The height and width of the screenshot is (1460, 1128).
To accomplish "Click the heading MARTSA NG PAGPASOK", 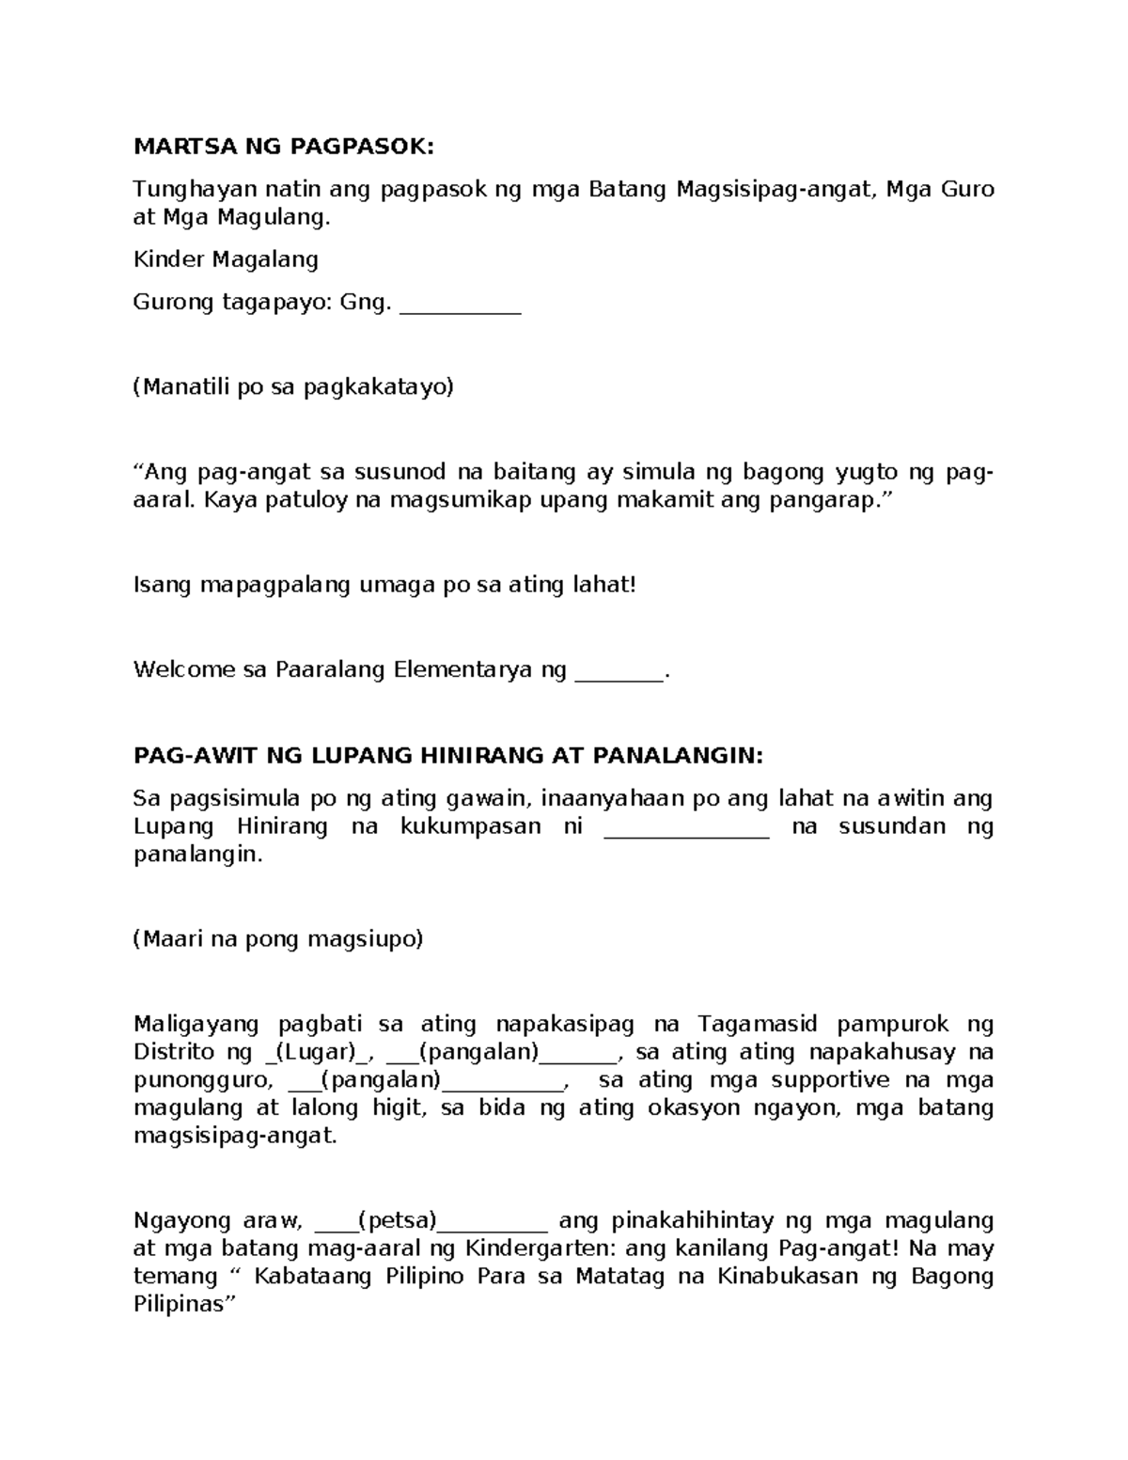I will coord(284,147).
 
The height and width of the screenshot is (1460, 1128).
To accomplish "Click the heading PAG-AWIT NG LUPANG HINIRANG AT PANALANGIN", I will coord(449,756).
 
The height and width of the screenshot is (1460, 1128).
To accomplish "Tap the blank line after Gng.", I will coord(460,306).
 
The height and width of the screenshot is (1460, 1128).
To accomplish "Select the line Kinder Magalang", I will coord(226,259).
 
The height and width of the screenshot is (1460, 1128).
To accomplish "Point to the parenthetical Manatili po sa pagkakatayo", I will coord(293,387).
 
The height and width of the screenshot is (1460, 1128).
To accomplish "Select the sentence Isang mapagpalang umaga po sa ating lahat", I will coord(384,585).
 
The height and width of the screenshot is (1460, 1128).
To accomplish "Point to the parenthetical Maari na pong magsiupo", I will coord(278,939).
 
